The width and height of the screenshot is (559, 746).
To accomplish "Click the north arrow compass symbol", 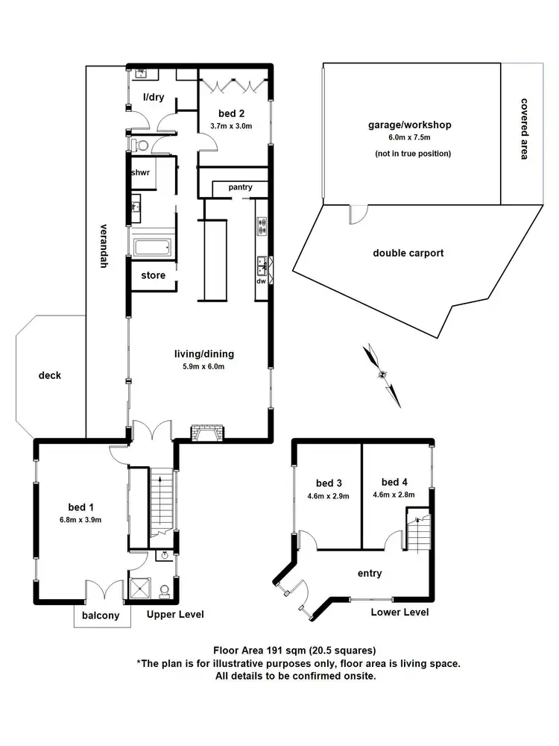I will [383, 374].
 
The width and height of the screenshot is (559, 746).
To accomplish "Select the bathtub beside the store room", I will [153, 247].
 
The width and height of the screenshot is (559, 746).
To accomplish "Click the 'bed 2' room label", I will [230, 113].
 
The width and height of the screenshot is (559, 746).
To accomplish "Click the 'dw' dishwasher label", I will [262, 281].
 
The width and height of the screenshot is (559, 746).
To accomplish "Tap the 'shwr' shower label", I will [141, 172].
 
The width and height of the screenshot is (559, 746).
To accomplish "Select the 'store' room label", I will [153, 276].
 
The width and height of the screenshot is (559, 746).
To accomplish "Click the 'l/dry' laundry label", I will [154, 97].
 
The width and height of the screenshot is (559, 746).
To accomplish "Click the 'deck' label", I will [50, 375].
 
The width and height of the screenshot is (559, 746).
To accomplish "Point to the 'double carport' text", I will [408, 253].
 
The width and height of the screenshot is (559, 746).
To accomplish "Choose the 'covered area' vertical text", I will [524, 128].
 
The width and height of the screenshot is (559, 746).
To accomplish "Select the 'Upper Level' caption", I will [175, 615].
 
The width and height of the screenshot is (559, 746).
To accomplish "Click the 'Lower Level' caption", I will [399, 612].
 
